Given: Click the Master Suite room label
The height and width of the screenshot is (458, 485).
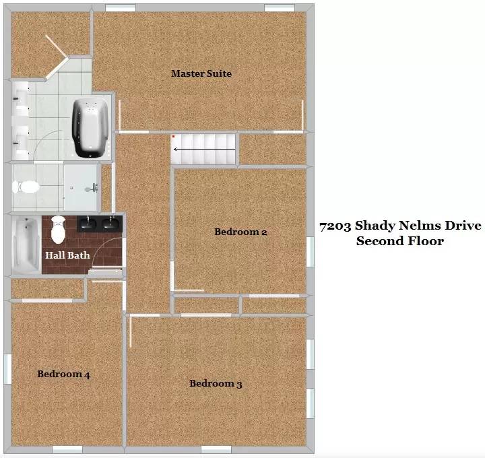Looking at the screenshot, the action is pos(201,73).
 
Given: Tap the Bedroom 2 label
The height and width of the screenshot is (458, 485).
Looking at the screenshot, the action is pos(240,232).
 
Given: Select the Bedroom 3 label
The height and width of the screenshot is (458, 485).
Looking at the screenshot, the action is pos(216,383).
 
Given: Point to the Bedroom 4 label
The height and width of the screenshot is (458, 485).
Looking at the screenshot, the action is pos(63,374).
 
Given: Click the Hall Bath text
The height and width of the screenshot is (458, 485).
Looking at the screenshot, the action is pos(67,255).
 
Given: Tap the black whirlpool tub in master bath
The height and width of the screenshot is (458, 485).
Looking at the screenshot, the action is pos(90,127).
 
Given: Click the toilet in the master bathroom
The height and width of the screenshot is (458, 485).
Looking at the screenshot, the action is pos(26,187).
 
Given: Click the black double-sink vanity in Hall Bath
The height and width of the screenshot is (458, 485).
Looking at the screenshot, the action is pos(100,224).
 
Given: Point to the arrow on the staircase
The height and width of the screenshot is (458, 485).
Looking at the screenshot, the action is pos(205,150).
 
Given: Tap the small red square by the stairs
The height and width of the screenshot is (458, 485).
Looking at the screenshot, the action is pos(174,136).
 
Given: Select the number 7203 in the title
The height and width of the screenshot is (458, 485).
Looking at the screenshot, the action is pos(335,226).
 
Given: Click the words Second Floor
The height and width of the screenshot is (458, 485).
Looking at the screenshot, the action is pos(400,241).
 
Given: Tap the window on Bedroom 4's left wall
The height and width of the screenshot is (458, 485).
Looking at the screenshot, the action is pos(7,369).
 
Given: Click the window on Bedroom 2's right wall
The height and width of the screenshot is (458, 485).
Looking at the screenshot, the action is pos(311,252).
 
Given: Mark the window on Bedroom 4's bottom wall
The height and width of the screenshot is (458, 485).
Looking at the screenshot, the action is pos(67,449).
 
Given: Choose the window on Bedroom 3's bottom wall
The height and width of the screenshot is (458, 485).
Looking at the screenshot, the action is pos(216,449).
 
